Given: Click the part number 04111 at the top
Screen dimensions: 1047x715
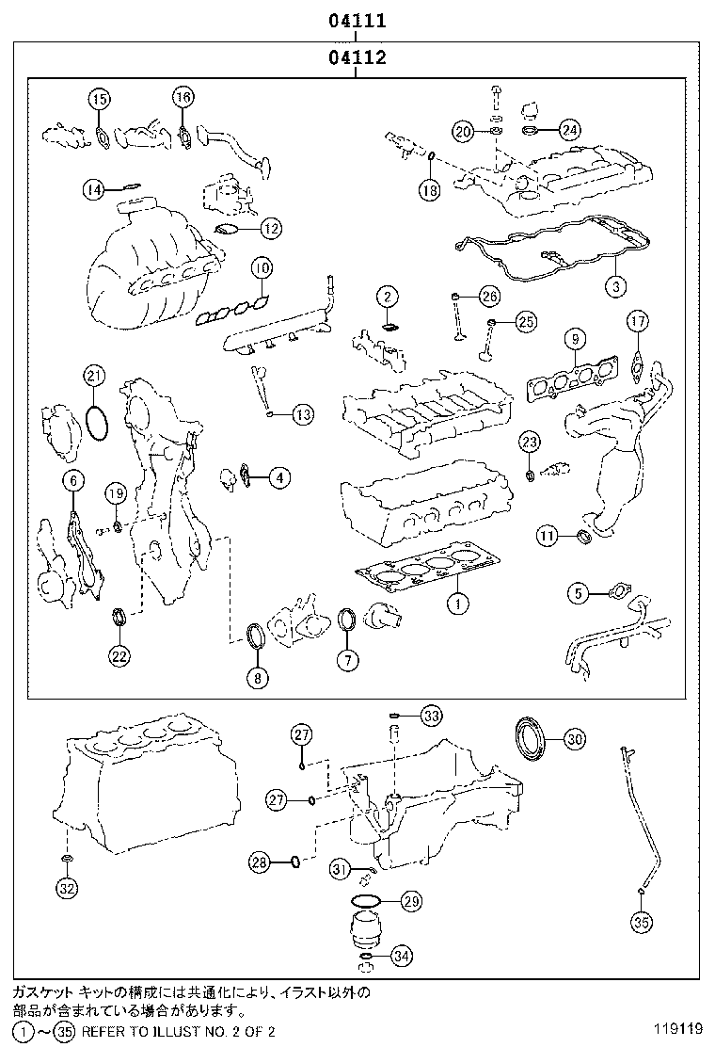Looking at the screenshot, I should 357,19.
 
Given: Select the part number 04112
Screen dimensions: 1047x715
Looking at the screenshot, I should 357,57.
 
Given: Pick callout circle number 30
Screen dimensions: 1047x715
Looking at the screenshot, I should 575,740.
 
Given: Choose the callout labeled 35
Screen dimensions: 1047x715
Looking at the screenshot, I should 641,923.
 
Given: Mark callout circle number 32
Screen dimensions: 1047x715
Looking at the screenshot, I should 67,887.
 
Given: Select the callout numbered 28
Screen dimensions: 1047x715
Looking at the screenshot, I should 261,861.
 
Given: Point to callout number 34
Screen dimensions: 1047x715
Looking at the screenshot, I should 402,957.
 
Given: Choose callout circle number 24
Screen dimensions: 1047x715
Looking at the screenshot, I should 569,131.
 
